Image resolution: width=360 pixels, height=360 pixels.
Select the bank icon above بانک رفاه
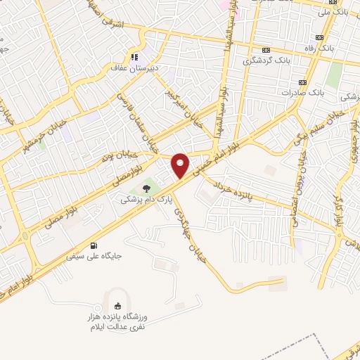[321, 37]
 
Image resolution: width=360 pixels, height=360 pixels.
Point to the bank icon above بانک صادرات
[304, 82]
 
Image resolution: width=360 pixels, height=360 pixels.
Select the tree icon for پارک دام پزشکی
[146, 188]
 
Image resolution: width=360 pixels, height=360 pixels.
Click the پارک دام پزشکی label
[139, 200]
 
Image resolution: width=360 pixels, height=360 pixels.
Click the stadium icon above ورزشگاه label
[117, 306]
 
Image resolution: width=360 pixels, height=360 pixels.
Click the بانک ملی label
[333, 12]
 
